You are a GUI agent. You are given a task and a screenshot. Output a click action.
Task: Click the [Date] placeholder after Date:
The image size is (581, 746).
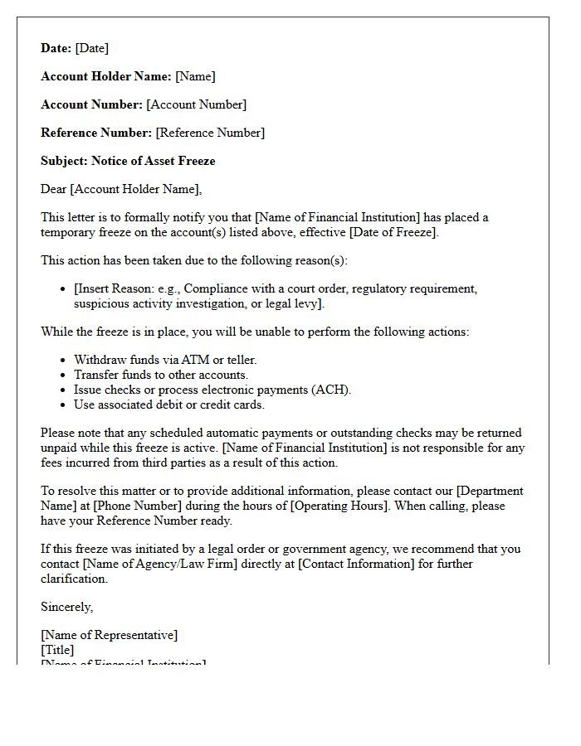click(x=91, y=48)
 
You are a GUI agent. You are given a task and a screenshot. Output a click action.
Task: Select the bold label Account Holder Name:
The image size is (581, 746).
click(x=106, y=76)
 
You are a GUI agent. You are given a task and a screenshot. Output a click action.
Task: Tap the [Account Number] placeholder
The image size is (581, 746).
click(x=196, y=104)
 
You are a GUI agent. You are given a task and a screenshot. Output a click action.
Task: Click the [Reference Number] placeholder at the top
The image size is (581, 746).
click(x=210, y=133)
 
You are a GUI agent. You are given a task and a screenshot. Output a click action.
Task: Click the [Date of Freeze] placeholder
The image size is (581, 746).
click(x=392, y=232)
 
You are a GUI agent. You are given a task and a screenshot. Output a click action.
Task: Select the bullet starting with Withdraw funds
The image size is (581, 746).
click(x=165, y=360)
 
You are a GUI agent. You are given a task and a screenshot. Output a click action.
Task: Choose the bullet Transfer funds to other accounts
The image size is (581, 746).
click(x=161, y=375)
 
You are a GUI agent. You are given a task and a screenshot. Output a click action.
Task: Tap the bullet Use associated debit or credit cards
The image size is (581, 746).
click(x=169, y=404)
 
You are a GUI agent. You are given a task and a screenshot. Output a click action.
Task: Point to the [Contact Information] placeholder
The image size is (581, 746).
click(x=356, y=564)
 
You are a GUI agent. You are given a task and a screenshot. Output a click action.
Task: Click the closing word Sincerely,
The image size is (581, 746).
click(x=67, y=607)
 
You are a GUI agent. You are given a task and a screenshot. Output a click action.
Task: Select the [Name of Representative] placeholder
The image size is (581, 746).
click(x=109, y=635)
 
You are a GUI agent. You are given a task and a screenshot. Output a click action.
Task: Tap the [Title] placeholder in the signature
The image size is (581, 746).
click(x=57, y=650)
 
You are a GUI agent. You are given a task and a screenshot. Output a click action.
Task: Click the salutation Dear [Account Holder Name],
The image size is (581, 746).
click(x=121, y=189)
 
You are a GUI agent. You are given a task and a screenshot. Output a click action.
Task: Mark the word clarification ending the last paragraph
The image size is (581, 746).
click(x=76, y=579)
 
